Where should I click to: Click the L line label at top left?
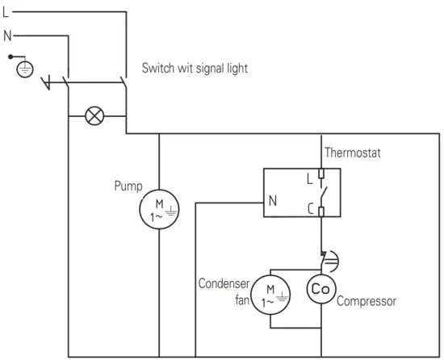tap(6, 11)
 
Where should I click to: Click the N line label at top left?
tap(6, 36)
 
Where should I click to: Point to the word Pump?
tap(127, 186)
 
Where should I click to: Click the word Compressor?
tap(366, 301)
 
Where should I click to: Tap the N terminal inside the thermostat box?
tap(272, 202)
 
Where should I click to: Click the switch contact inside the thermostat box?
tap(323, 194)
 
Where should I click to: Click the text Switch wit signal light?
tap(195, 69)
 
